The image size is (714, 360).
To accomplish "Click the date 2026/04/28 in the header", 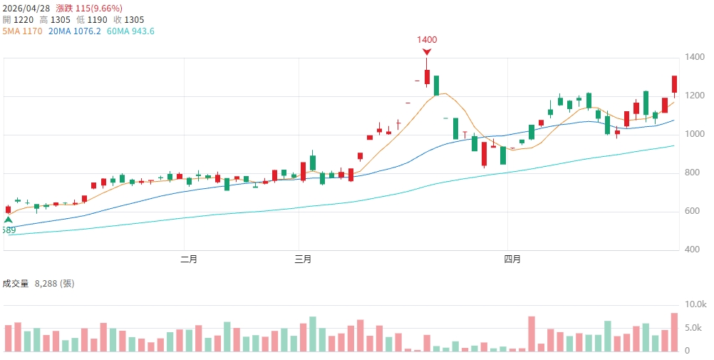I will click(26, 8).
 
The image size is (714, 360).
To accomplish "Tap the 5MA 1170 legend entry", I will click(23, 31).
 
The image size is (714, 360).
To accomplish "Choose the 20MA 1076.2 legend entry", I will click(76, 31).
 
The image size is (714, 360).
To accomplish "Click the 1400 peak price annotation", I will click(427, 39).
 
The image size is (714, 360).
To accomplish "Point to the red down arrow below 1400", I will click(427, 52).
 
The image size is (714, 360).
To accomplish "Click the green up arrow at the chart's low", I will click(8, 220).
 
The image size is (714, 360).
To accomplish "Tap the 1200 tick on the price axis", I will click(693, 96).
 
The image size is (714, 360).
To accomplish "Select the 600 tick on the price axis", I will click(691, 211).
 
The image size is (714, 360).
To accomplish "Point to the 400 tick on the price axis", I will click(691, 250).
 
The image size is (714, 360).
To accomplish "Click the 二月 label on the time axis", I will click(189, 259).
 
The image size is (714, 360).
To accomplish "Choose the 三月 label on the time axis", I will click(303, 259).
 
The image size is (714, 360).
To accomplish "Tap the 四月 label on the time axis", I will click(512, 259).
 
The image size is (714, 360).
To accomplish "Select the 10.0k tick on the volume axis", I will click(695, 304).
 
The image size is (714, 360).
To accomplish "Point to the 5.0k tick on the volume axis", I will click(695, 328).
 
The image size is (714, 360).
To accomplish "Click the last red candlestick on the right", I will click(674, 84).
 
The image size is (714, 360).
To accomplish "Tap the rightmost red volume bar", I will click(674, 332).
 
